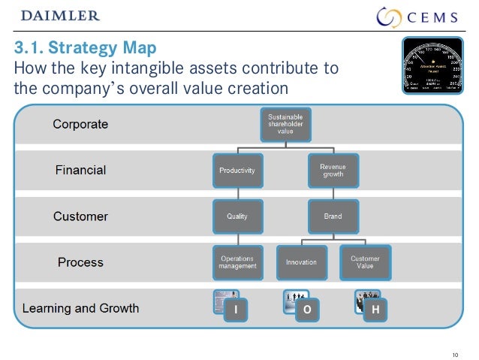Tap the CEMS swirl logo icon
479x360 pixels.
point(389,17)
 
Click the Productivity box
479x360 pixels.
point(236,170)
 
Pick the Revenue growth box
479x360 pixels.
point(332,170)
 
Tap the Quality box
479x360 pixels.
point(236,216)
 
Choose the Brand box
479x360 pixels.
point(332,216)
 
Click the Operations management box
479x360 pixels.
point(236,262)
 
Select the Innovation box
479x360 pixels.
point(301,262)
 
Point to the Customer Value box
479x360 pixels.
point(365,262)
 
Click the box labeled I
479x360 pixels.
point(236,309)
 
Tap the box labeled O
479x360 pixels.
point(307,310)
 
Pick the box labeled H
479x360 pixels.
point(375,310)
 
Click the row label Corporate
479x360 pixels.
point(80,124)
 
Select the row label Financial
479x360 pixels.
point(80,170)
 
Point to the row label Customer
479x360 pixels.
point(80,216)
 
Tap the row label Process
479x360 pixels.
point(80,262)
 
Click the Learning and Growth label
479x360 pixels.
point(80,308)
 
